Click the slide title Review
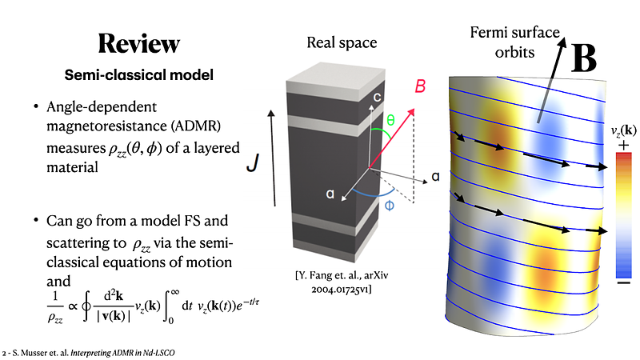point(138,43)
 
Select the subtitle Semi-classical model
point(138,75)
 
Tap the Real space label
point(342,42)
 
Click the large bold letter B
point(584,58)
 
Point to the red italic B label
point(420,86)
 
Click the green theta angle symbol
point(390,120)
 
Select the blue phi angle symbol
point(390,205)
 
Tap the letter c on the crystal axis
point(377,97)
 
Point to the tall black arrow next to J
point(273,158)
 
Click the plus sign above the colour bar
point(623,146)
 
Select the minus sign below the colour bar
point(623,282)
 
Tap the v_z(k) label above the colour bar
point(623,130)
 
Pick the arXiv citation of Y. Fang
point(342,282)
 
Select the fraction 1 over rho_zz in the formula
point(55,307)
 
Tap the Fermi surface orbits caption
point(514,42)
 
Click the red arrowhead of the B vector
point(411,112)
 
